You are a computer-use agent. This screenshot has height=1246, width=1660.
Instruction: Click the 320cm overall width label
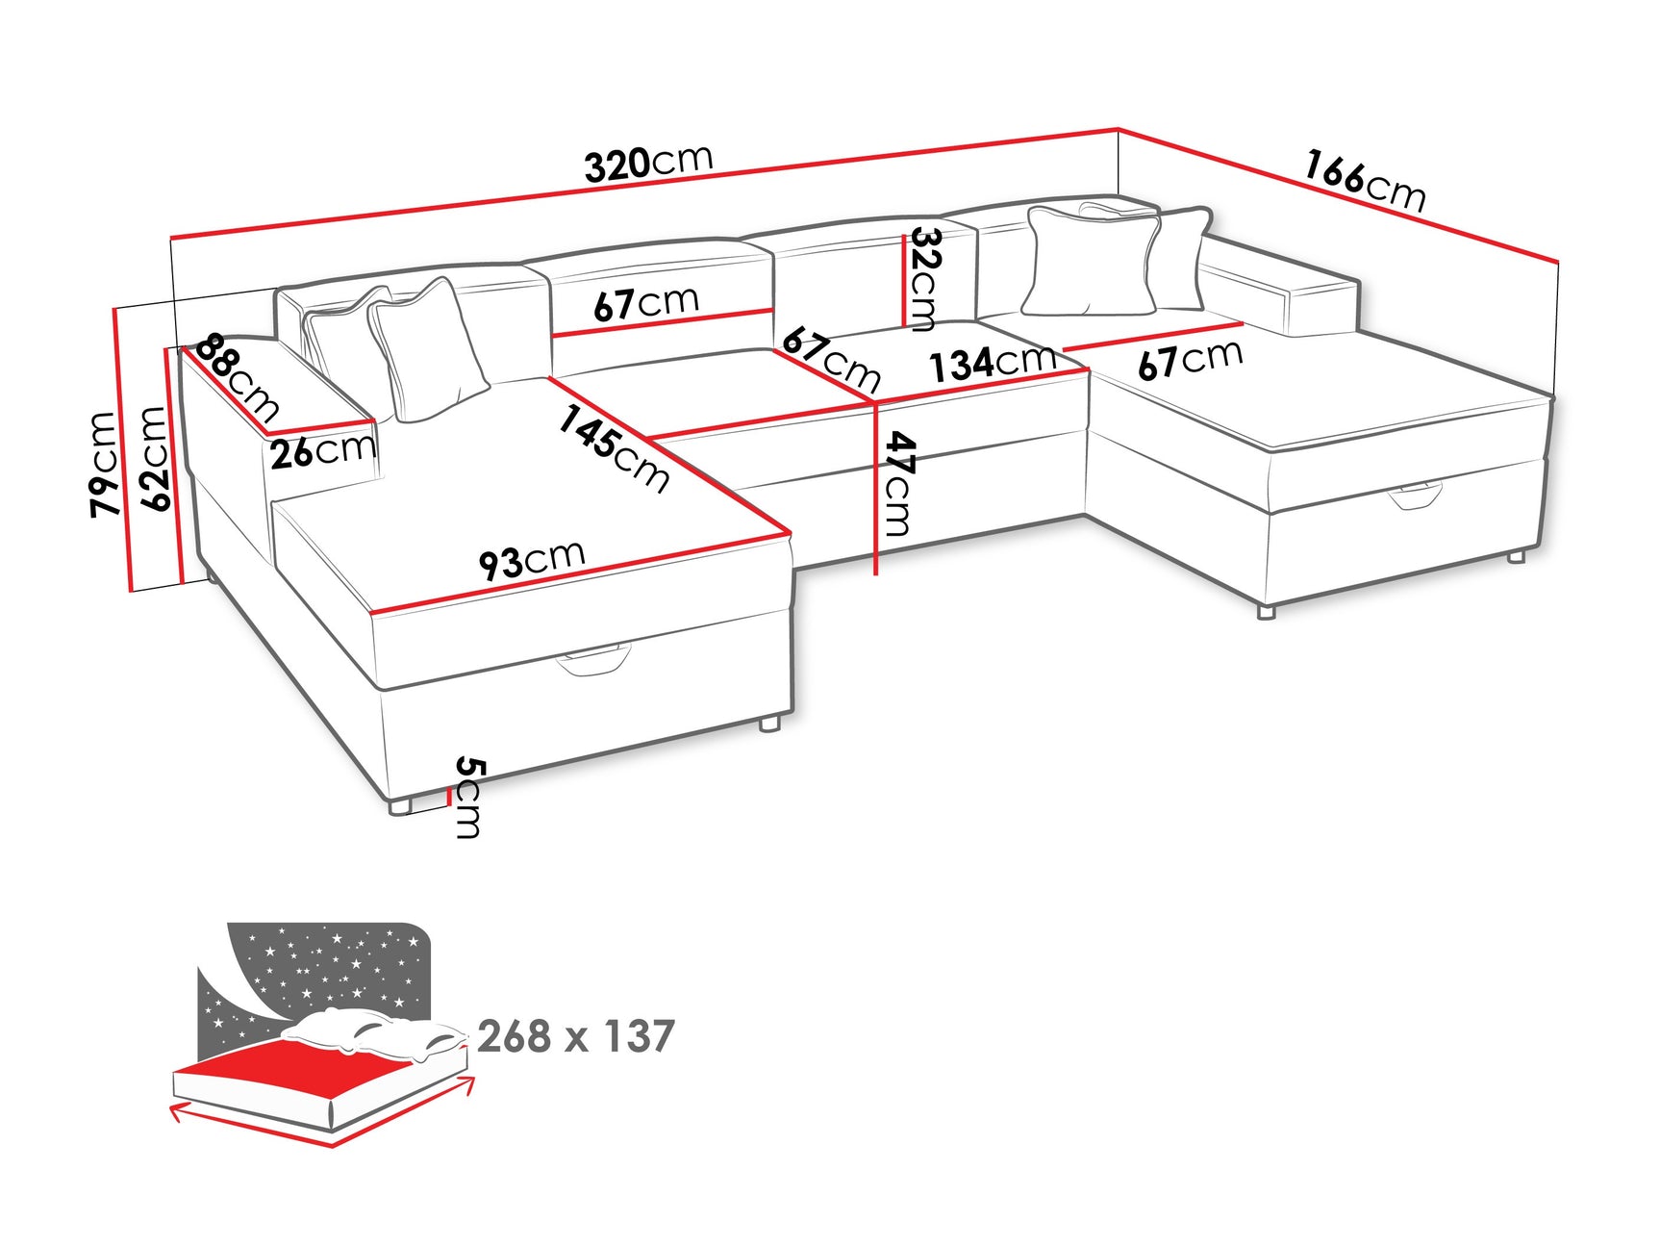pos(648,163)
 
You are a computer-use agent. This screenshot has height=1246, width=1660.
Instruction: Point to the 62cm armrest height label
pos(154,458)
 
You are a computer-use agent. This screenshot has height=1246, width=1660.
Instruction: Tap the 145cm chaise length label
pos(614,448)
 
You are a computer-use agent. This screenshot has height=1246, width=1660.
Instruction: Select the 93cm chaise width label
pos(532,560)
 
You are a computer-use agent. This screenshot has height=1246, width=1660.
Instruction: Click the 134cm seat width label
pos(992,363)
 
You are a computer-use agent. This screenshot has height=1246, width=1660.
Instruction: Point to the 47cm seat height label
pos(897,484)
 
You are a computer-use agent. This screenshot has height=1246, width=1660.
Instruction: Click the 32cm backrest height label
pos(924,278)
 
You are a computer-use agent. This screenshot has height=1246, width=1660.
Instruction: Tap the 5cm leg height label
pos(468,797)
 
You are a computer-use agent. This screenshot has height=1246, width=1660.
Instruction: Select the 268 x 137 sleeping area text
pos(575,1036)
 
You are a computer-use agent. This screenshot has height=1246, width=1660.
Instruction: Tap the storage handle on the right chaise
pos(1415,496)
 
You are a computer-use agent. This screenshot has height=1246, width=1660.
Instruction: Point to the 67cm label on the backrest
pos(645,303)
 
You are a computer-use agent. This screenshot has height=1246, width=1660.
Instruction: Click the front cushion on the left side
pos(427,351)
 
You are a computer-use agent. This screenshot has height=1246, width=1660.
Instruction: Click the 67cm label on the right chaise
pos(1190,360)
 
